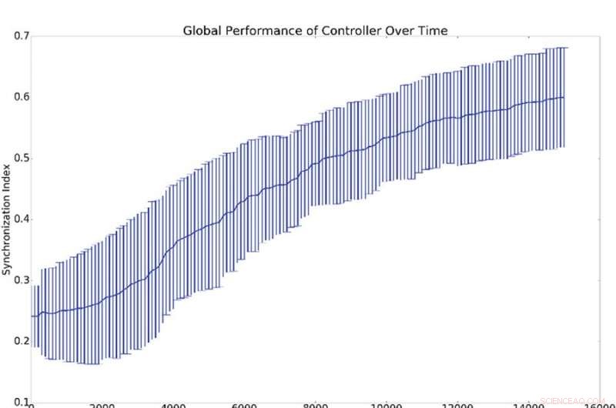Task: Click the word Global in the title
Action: pos(200,31)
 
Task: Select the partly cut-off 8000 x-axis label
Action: pos(316,405)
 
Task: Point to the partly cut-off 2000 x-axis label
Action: pos(102,405)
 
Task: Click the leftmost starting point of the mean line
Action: pos(32,316)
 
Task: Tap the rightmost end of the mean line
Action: pos(564,98)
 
